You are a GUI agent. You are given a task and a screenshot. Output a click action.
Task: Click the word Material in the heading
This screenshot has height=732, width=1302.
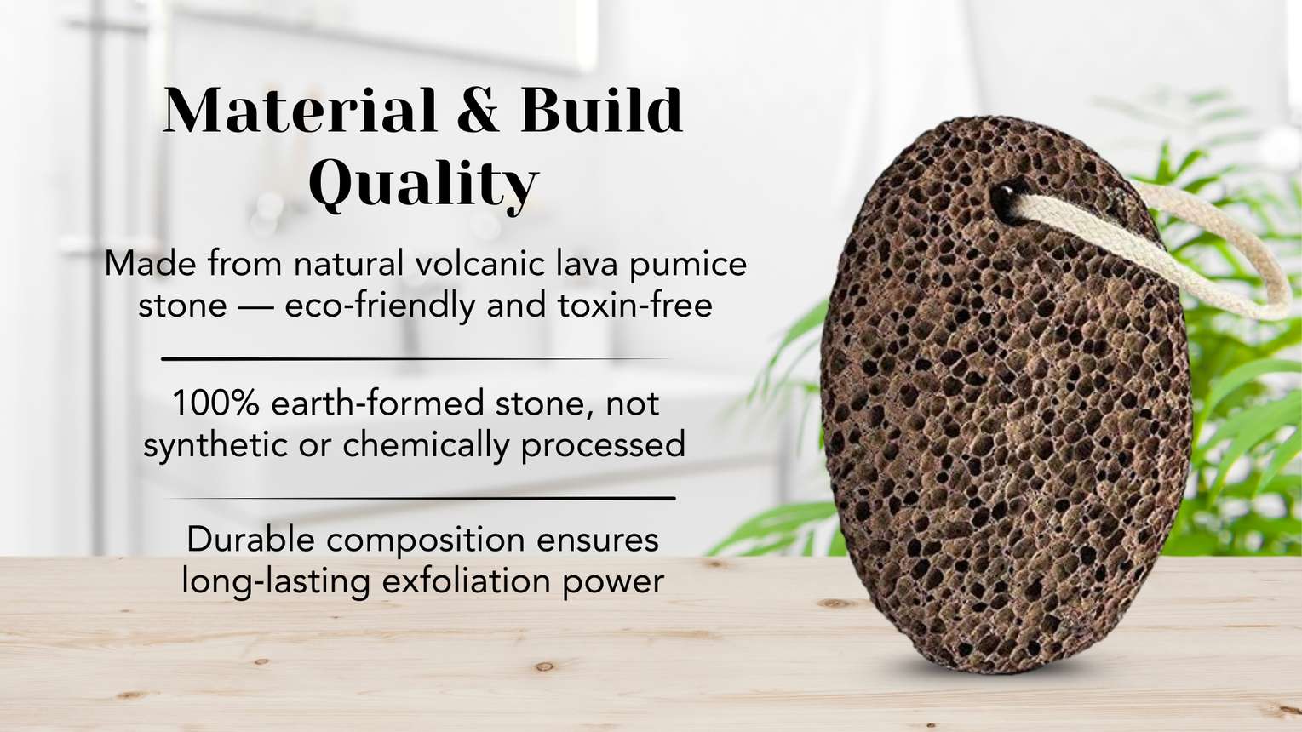point(300,110)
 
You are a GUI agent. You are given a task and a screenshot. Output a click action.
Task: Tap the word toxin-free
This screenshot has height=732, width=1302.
point(634,306)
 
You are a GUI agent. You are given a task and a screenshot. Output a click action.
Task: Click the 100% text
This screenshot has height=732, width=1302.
point(215,403)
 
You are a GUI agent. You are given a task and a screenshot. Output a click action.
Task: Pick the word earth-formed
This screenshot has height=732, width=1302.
point(377,403)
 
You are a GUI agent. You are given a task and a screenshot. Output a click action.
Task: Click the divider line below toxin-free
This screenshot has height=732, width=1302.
point(416,359)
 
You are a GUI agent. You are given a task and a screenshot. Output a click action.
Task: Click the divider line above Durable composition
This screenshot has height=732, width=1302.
point(421,499)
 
